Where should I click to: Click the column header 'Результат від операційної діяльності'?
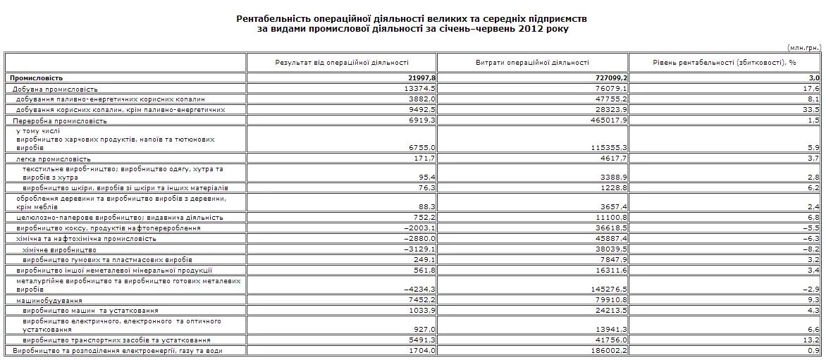(342, 63)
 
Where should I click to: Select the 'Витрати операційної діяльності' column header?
(533, 63)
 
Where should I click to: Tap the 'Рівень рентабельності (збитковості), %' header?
(725, 63)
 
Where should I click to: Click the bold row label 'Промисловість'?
(36, 78)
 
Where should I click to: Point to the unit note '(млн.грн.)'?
(803, 48)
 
